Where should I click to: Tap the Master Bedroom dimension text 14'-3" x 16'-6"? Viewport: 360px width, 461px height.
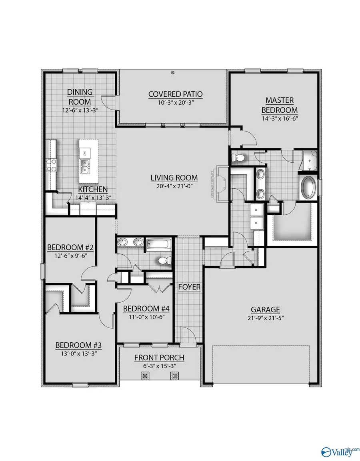click(x=280, y=118)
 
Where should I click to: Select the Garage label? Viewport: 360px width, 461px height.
click(x=265, y=309)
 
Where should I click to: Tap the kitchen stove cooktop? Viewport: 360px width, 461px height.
click(x=52, y=165)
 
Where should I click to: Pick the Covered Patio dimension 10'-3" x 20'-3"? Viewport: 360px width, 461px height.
click(x=175, y=103)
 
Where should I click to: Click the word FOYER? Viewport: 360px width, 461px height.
click(x=190, y=287)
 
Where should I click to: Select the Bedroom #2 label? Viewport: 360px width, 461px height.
click(x=70, y=247)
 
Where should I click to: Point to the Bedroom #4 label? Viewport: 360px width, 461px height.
click(x=146, y=309)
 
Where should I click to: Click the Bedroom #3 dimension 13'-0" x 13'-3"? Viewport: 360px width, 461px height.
click(x=76, y=353)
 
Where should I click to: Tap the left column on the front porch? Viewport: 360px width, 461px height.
click(x=145, y=376)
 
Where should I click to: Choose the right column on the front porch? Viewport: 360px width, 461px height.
click(x=174, y=376)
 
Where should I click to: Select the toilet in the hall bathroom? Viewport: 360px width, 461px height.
click(x=164, y=261)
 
